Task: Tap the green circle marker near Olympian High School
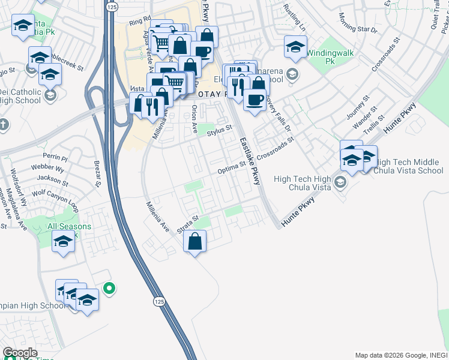pyautogui.click(x=109, y=289)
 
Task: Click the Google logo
pyautogui.click(x=20, y=353)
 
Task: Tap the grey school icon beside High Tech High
pyautogui.click(x=341, y=182)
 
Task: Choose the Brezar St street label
pyautogui.click(x=97, y=173)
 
